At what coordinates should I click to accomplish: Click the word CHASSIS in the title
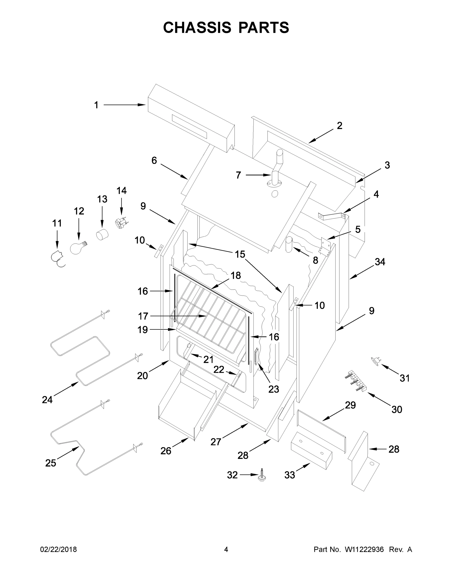coord(197,27)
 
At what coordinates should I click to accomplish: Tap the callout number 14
coord(121,191)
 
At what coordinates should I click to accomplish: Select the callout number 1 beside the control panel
coord(96,105)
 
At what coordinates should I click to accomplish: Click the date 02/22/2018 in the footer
coord(58,549)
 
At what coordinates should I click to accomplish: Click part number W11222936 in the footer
coord(364,549)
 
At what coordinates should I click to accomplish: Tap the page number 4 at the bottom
coord(226,549)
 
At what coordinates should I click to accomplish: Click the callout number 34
coord(380,262)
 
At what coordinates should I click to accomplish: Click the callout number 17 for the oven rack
coord(143,316)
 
